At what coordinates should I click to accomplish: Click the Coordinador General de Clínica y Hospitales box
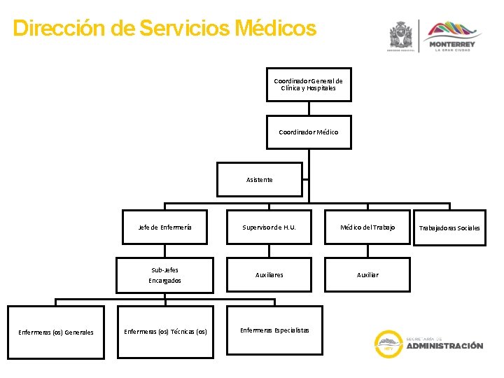click(x=309, y=85)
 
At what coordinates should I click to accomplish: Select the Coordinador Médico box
click(x=309, y=132)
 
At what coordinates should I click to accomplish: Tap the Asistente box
click(x=260, y=180)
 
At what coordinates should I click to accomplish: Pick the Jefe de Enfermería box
click(x=165, y=227)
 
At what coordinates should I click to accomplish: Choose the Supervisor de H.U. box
click(x=269, y=227)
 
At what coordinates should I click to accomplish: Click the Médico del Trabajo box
click(x=367, y=227)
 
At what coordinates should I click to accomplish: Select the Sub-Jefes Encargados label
click(x=164, y=275)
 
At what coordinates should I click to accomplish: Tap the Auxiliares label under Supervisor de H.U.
click(x=269, y=275)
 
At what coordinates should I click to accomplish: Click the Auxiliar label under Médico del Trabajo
click(x=367, y=275)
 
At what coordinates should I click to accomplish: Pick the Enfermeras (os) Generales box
click(x=56, y=332)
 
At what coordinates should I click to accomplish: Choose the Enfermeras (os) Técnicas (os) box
click(x=165, y=332)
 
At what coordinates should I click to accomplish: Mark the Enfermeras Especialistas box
click(x=274, y=330)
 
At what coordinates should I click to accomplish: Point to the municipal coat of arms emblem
click(x=401, y=35)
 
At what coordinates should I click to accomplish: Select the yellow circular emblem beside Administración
click(x=388, y=344)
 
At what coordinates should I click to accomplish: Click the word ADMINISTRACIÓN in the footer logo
click(x=444, y=346)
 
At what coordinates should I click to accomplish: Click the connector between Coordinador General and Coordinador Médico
click(x=309, y=108)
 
